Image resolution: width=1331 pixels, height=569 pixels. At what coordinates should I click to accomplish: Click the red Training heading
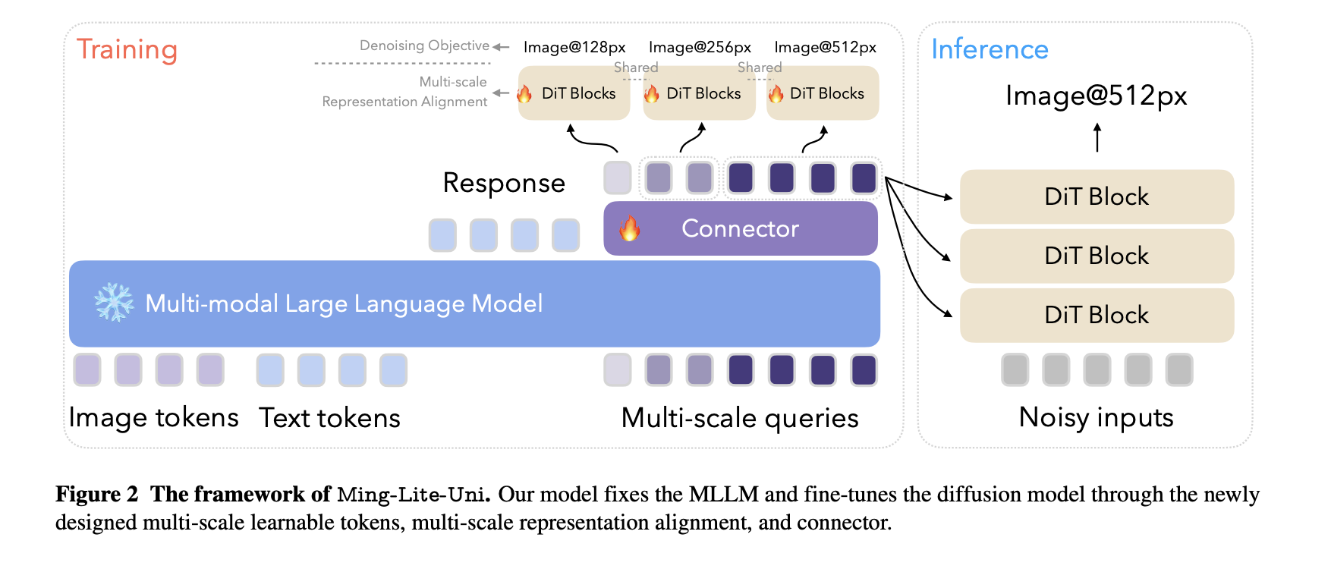coord(127,49)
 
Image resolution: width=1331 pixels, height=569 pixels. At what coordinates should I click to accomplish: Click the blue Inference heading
coord(989,49)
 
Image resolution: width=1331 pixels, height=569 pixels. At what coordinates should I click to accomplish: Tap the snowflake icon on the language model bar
coord(114,303)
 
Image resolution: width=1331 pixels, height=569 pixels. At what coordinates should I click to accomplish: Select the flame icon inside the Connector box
coord(629,228)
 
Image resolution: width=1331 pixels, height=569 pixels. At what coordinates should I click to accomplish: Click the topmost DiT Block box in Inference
coord(1096,196)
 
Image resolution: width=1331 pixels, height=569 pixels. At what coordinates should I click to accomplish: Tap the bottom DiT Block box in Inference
coord(1096,315)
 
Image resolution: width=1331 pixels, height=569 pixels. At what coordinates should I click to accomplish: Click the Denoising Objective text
coord(423,46)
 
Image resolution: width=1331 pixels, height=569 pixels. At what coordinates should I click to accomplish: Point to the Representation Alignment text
coord(404,102)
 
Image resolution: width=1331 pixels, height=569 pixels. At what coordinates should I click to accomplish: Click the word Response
coord(504,183)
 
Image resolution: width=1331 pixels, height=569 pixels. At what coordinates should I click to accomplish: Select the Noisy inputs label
coord(1096,417)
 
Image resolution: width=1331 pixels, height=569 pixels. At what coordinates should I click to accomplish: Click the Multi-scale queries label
coord(740,418)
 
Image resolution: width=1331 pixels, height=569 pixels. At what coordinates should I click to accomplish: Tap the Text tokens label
coord(329,418)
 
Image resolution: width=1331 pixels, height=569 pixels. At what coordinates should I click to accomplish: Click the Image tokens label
coord(153,418)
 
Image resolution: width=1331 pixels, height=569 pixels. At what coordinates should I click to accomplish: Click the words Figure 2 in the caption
coord(96,495)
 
